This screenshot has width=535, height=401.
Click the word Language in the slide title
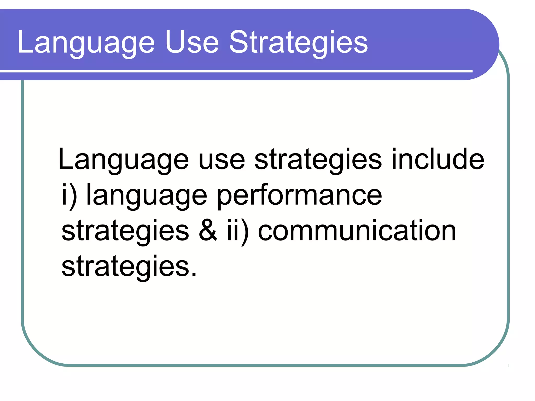pos(86,43)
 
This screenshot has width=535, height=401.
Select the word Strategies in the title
pos(299,43)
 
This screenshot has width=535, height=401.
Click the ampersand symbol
pos(208,231)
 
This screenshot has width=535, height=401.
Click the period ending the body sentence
pos(194,274)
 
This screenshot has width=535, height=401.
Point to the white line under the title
pos(235,71)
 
